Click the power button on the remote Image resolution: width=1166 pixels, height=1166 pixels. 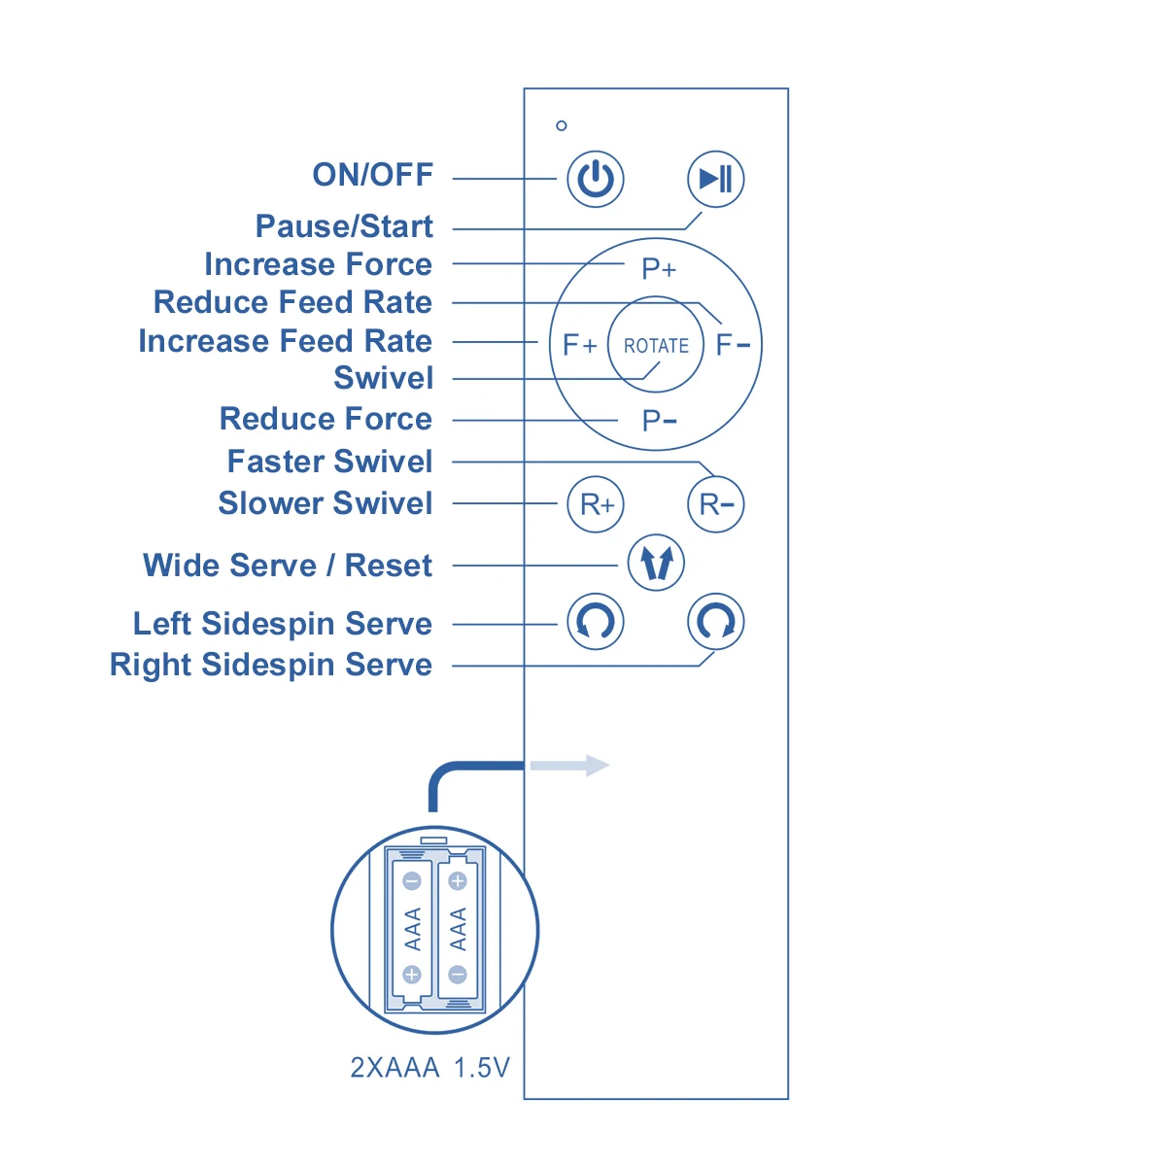(596, 179)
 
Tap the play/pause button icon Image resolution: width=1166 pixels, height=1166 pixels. (716, 179)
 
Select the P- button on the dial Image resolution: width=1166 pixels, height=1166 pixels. (659, 421)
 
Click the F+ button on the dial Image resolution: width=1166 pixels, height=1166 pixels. (579, 345)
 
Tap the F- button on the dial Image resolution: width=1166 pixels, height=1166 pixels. (733, 345)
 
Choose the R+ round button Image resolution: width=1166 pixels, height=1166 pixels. (596, 504)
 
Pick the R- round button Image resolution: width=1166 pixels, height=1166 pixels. (716, 504)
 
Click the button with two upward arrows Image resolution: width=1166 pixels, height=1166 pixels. (656, 563)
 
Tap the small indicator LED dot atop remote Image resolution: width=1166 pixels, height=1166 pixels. (562, 125)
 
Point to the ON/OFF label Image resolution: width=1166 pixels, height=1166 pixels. (372, 175)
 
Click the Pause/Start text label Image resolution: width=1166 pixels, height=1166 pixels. (344, 226)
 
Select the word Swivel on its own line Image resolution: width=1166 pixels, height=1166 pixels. (383, 378)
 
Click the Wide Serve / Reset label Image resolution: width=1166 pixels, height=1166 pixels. (288, 566)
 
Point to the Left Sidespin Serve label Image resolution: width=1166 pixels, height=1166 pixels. (283, 624)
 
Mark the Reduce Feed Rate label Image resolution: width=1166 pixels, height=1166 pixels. (292, 302)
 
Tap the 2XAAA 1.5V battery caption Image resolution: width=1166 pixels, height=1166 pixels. (429, 1068)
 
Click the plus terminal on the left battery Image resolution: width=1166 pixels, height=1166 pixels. (412, 975)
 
